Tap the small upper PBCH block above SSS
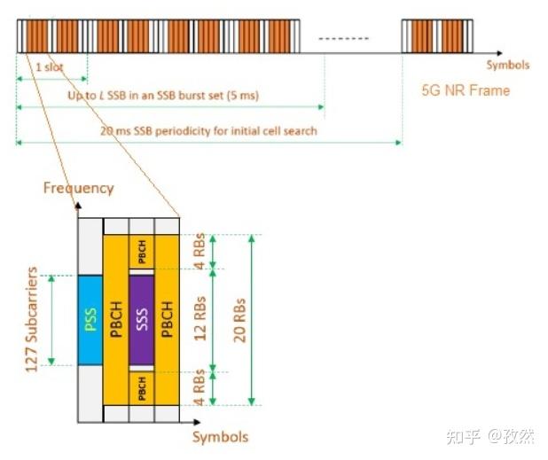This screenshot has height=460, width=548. point(142,252)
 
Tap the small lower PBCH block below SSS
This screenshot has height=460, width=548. point(142,387)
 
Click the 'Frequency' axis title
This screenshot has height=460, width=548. point(79,188)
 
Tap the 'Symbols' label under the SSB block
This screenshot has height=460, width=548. point(221,437)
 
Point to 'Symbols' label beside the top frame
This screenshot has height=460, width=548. point(507,65)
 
